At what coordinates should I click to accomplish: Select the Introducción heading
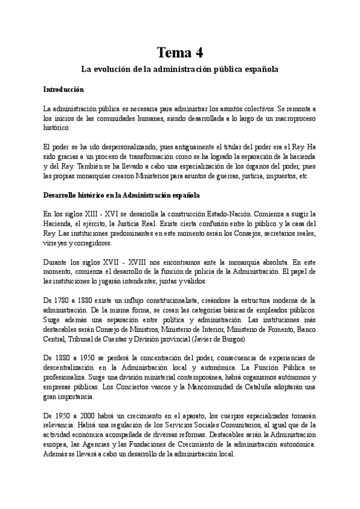click(x=64, y=89)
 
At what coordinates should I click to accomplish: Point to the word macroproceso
click(x=292, y=118)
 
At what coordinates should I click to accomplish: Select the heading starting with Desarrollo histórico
click(x=122, y=196)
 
